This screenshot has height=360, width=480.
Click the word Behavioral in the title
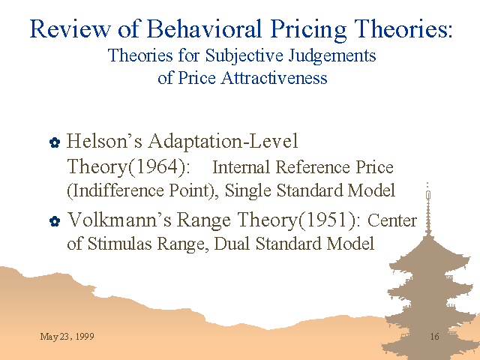[204, 28]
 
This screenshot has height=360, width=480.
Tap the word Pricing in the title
[308, 30]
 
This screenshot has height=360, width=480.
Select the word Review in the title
[70, 28]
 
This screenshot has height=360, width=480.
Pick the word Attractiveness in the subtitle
[274, 77]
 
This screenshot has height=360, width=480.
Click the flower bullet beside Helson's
[55, 142]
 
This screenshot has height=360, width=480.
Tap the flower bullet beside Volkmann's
[55, 221]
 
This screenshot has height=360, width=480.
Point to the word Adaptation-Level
[223, 141]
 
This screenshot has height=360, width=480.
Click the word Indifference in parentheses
[118, 190]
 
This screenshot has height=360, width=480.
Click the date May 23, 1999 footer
[67, 337]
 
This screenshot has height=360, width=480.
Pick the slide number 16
[435, 337]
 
